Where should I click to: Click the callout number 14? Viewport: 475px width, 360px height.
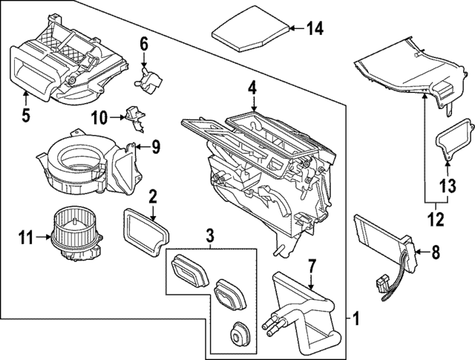click(x=315, y=29)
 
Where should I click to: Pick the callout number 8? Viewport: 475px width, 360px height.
click(x=435, y=252)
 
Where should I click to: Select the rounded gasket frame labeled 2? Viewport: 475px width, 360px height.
click(x=145, y=229)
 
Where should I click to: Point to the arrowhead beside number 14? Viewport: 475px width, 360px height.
click(x=292, y=29)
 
